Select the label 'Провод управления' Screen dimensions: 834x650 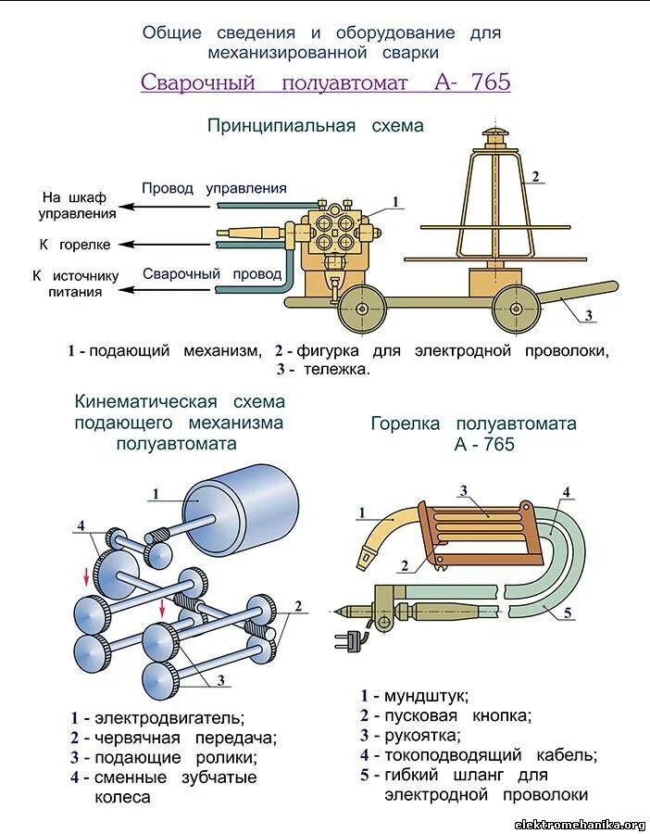[x=214, y=188]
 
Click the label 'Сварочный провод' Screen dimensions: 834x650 [x=212, y=273]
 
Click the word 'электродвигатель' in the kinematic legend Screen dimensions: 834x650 [x=169, y=717]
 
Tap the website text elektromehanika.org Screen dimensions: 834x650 [x=580, y=824]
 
